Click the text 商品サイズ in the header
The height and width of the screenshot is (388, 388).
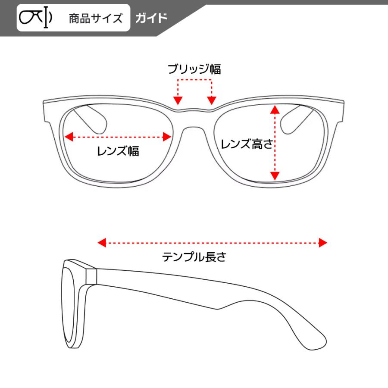(x=95, y=19)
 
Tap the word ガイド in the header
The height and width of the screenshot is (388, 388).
(x=151, y=18)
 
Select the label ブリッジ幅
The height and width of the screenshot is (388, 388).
(x=194, y=69)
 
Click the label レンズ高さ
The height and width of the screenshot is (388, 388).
(x=247, y=144)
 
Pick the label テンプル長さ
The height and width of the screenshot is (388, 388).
(x=194, y=257)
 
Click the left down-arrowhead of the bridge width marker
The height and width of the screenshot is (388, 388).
(x=178, y=100)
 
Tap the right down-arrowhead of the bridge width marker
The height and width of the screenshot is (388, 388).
(x=211, y=100)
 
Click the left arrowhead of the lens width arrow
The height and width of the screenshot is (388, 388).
(x=68, y=137)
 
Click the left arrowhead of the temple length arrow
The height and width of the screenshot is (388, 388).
(x=102, y=243)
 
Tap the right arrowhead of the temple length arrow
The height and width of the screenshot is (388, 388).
(x=323, y=243)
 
